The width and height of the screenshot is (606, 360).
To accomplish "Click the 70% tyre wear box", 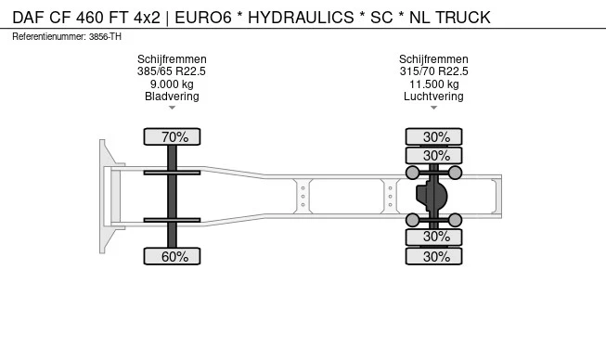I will (x=174, y=137).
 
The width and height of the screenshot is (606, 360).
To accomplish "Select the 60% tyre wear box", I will (x=174, y=256).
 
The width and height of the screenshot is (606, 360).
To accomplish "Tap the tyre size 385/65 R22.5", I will (x=172, y=71).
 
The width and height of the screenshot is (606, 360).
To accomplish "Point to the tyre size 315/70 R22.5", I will (x=433, y=71).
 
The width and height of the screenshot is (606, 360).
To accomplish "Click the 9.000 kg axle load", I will (x=172, y=84).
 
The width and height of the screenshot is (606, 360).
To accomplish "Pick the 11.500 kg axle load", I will (x=433, y=84).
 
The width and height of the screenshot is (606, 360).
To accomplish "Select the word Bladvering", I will (x=172, y=96).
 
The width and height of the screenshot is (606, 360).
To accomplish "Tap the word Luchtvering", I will (x=433, y=96).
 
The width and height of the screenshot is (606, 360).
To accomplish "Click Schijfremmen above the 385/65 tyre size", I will (x=172, y=59).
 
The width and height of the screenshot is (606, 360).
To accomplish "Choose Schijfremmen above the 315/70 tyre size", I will (x=433, y=59).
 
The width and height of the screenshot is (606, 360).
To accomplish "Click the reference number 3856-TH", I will (x=106, y=36).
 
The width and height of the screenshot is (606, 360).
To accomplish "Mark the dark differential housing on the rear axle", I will (x=432, y=197).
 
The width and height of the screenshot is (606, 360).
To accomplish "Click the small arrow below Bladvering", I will (x=172, y=108).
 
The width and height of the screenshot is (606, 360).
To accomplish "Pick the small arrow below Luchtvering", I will (x=433, y=108).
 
